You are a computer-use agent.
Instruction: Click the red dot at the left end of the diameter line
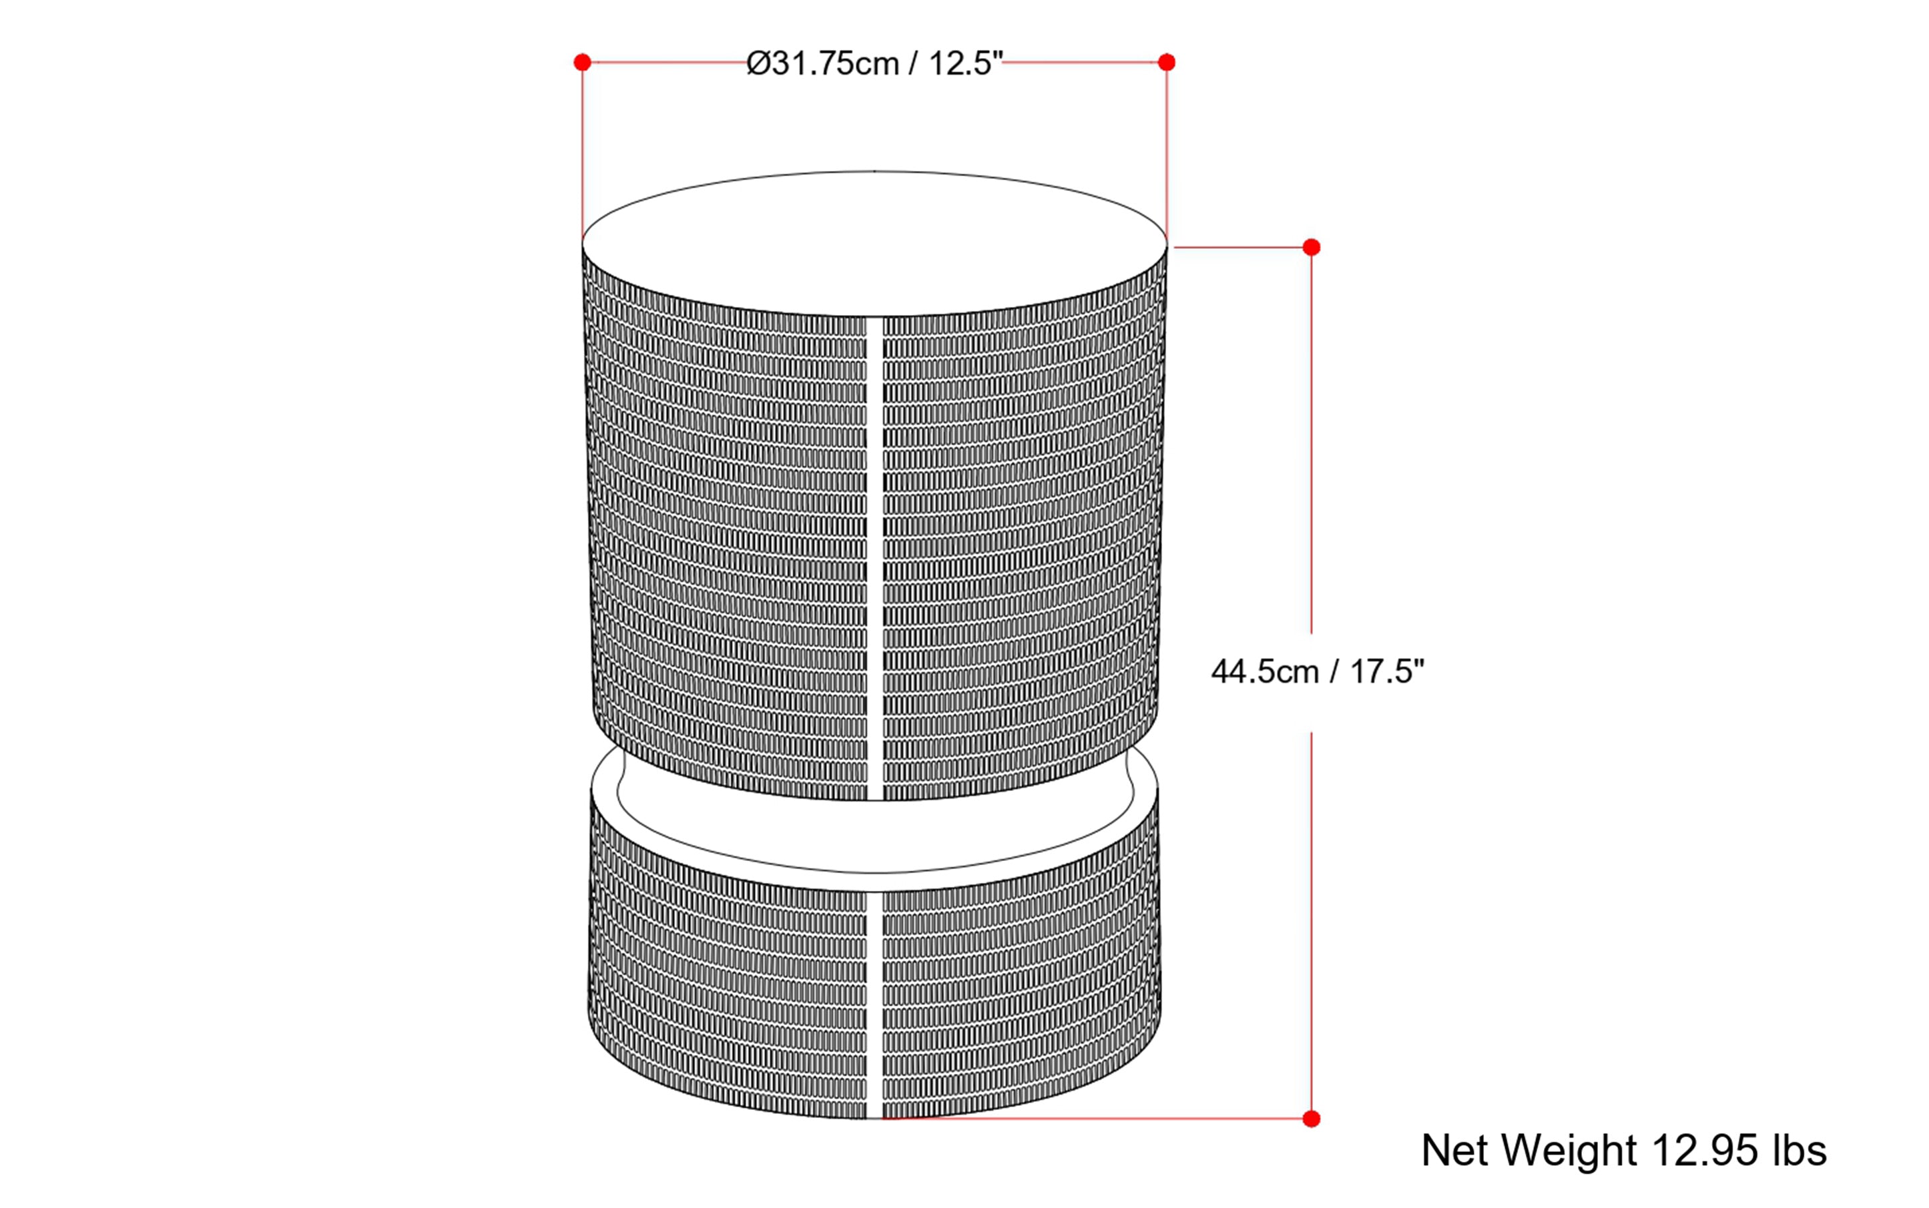(583, 62)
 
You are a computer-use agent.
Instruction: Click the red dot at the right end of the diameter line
(1167, 62)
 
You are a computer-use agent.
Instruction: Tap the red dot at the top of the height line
(1312, 248)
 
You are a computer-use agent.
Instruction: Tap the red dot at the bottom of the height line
(1312, 1119)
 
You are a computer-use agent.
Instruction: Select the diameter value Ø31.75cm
(822, 64)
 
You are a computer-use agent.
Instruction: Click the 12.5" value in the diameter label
(965, 64)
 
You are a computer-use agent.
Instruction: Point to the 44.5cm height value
(1264, 672)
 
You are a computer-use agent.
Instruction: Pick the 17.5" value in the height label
(1387, 672)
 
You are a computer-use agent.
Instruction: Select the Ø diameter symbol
(758, 64)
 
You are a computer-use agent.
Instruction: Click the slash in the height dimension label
(1333, 672)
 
